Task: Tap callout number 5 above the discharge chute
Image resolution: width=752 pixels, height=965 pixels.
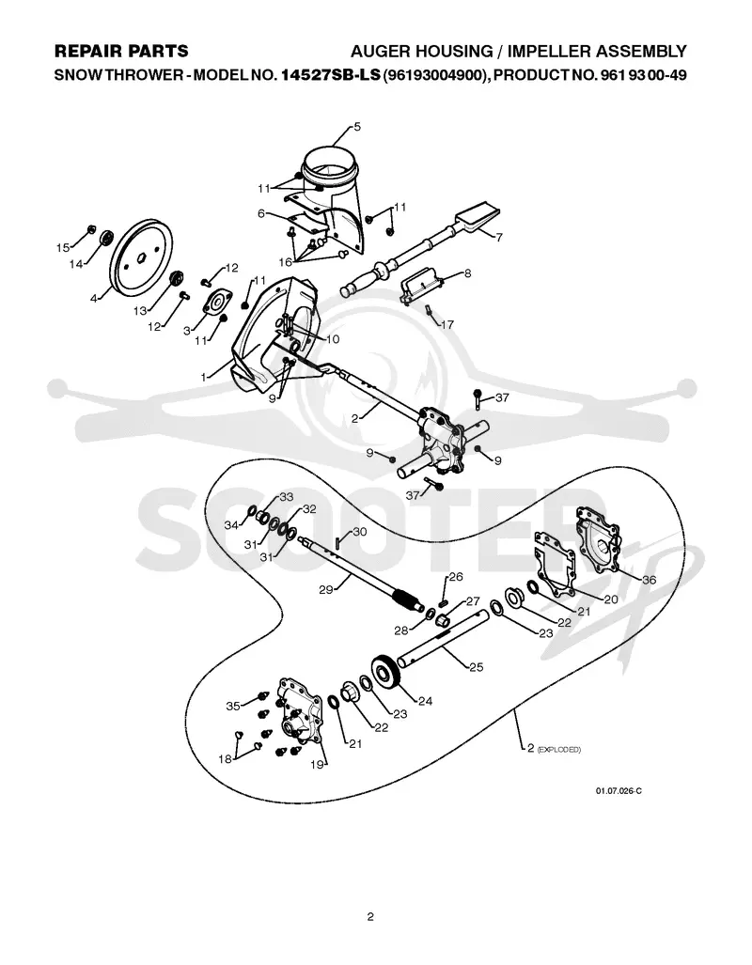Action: (x=357, y=127)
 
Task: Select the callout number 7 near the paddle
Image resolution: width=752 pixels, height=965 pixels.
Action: (x=499, y=237)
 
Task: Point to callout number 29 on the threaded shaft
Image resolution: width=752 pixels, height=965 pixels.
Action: (x=326, y=589)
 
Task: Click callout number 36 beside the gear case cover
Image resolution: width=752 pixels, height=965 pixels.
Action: (x=650, y=580)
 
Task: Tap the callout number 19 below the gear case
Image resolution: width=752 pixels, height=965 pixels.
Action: (x=317, y=764)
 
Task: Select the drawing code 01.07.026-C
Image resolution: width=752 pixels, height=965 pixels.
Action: (x=619, y=791)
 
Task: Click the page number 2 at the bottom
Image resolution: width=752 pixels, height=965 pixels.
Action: (x=370, y=916)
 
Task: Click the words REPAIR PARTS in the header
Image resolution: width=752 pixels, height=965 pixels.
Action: (x=121, y=51)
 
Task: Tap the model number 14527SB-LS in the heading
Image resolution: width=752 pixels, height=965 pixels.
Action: (x=330, y=75)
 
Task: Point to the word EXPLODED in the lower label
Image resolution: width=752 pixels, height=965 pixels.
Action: (x=559, y=750)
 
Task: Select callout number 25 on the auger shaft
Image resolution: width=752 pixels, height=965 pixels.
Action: (x=476, y=666)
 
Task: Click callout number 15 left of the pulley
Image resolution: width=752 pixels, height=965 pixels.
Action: (x=62, y=247)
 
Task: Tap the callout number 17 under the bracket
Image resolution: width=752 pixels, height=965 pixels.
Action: (x=447, y=324)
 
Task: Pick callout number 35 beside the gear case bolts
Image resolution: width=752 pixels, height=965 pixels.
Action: (x=233, y=706)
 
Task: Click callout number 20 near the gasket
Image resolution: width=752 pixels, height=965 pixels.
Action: (x=610, y=599)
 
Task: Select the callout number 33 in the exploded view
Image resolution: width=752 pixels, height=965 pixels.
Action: (x=287, y=497)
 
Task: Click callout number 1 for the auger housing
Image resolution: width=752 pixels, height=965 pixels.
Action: (x=204, y=377)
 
